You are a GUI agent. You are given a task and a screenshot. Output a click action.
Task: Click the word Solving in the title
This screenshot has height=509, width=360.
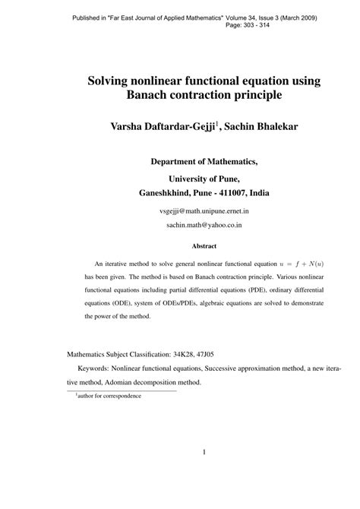(x=113, y=81)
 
